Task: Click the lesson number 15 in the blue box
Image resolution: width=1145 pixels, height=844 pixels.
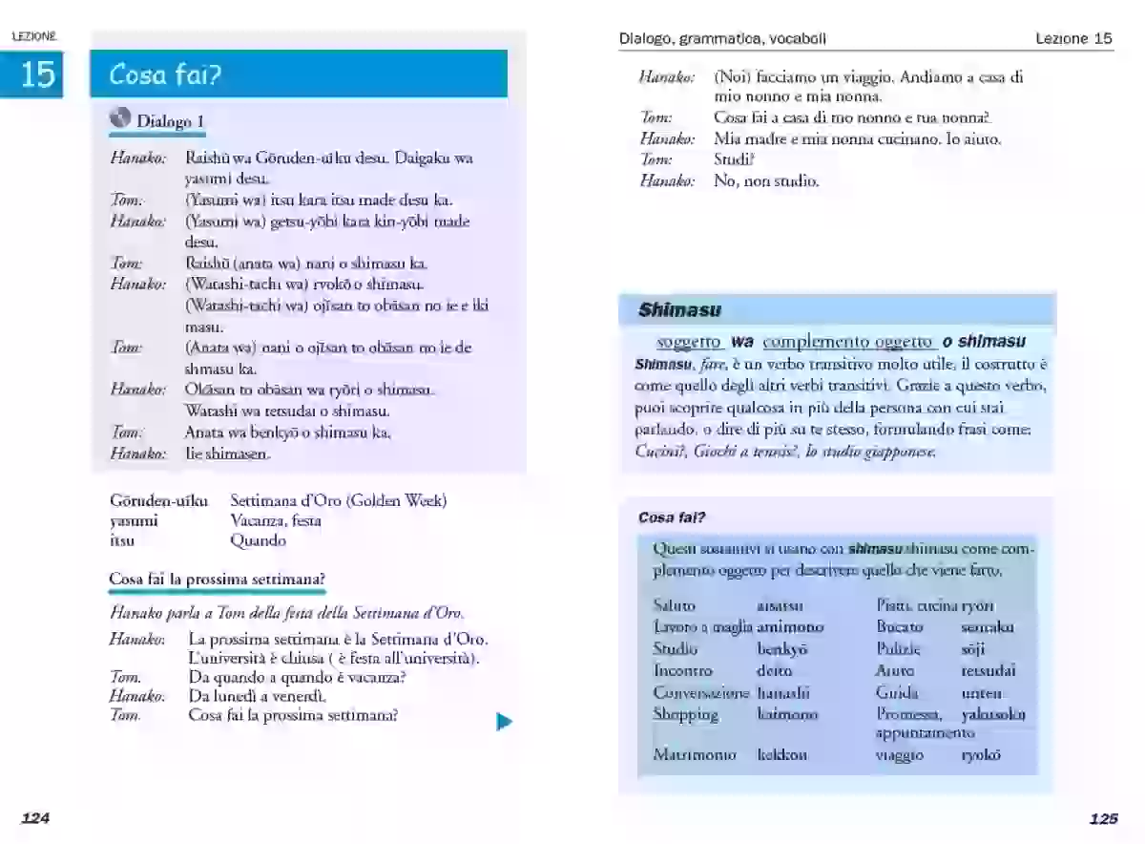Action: click(x=37, y=74)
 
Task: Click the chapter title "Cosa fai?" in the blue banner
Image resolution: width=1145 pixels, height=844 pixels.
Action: click(x=165, y=74)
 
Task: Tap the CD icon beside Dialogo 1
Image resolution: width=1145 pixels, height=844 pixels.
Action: click(x=120, y=118)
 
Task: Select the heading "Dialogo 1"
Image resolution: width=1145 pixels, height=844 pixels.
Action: click(x=170, y=121)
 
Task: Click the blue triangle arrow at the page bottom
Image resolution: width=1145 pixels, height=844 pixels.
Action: click(x=504, y=722)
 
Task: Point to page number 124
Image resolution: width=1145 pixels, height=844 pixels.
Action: click(x=35, y=818)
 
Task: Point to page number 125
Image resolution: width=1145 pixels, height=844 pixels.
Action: click(x=1103, y=818)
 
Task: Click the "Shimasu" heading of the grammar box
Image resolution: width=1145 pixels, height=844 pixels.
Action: click(x=679, y=310)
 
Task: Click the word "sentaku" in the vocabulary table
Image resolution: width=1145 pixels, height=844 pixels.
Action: click(x=987, y=627)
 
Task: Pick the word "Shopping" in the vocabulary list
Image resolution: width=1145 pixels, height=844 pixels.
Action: click(x=685, y=714)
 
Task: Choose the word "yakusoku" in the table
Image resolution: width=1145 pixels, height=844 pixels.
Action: click(x=993, y=714)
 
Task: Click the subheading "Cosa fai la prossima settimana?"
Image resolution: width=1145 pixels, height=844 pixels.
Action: click(x=217, y=580)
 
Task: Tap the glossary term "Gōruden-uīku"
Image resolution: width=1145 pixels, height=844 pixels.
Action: click(x=158, y=500)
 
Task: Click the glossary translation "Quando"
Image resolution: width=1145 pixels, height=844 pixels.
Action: click(x=258, y=540)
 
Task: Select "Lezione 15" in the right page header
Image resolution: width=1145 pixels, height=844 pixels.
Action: click(x=1073, y=39)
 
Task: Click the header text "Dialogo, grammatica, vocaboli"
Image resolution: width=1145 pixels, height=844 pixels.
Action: click(x=722, y=39)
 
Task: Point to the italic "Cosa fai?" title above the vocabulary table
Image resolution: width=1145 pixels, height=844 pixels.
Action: click(x=671, y=517)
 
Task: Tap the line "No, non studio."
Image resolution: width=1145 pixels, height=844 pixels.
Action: click(x=766, y=180)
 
